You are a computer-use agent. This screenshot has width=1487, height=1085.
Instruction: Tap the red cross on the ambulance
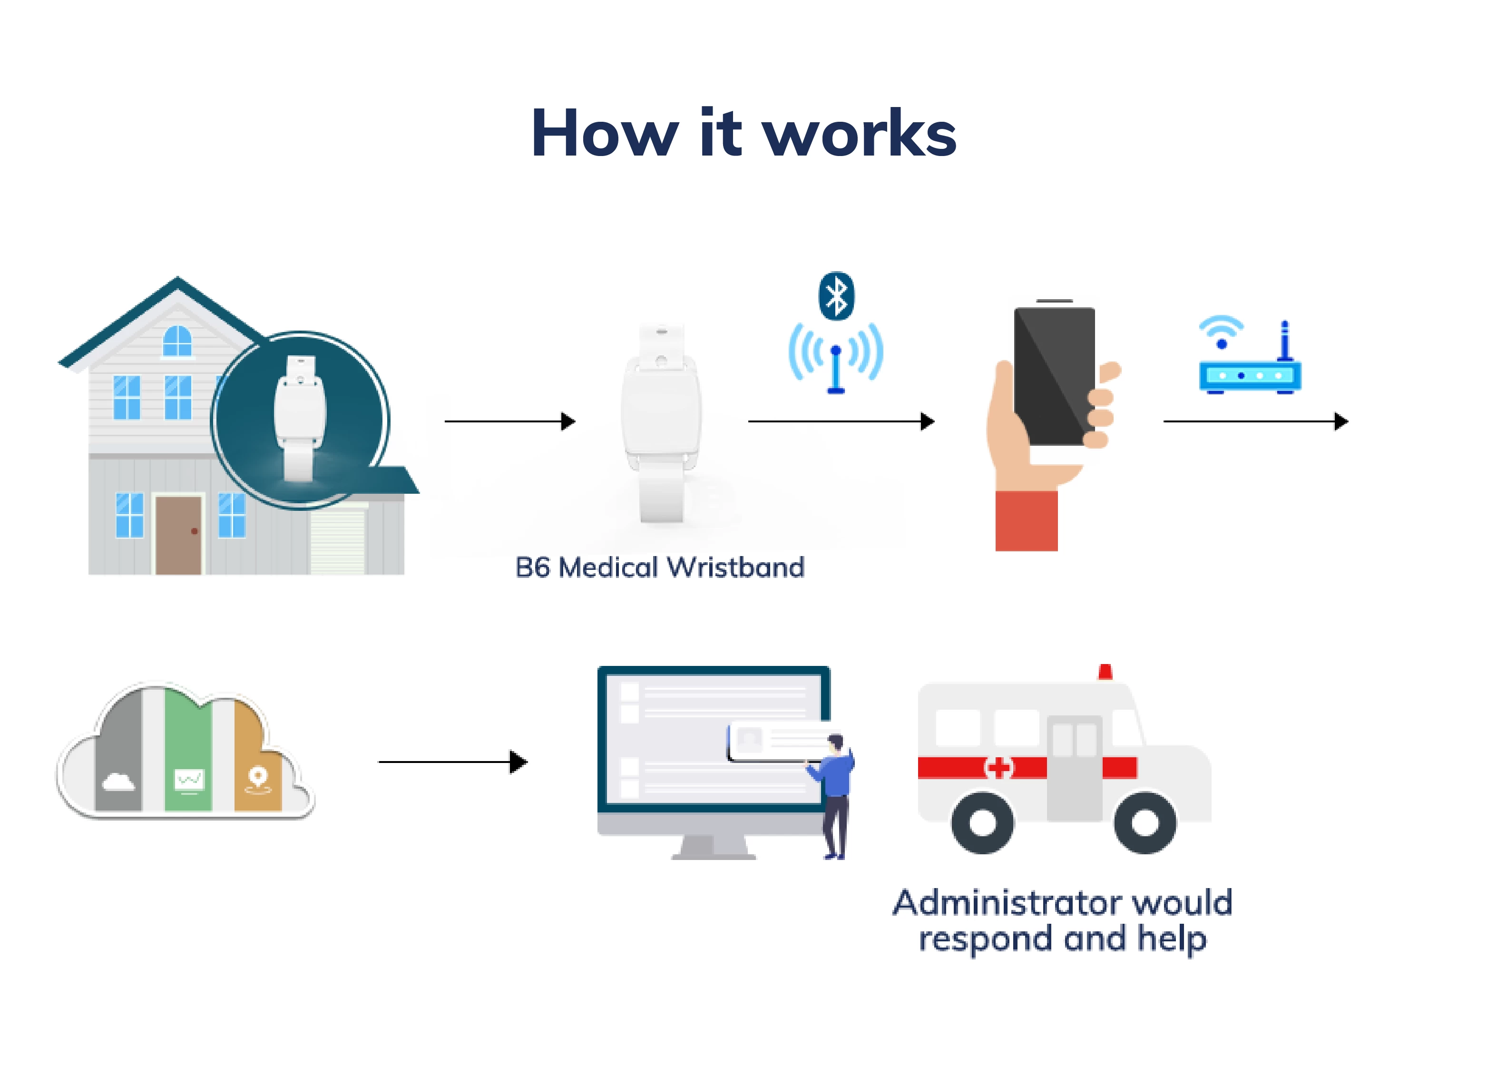point(998,767)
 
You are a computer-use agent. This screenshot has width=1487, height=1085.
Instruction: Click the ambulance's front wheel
point(1145,822)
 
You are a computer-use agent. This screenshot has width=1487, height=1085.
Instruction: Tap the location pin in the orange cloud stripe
point(257,777)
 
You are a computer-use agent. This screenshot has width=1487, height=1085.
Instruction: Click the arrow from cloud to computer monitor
point(453,762)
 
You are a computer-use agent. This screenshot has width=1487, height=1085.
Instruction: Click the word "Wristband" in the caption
point(735,567)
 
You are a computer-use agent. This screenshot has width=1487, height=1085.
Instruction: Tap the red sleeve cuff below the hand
point(1027,521)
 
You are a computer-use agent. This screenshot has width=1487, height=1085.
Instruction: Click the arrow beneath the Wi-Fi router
point(1256,421)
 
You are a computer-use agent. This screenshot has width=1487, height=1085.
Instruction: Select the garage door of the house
point(338,542)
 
